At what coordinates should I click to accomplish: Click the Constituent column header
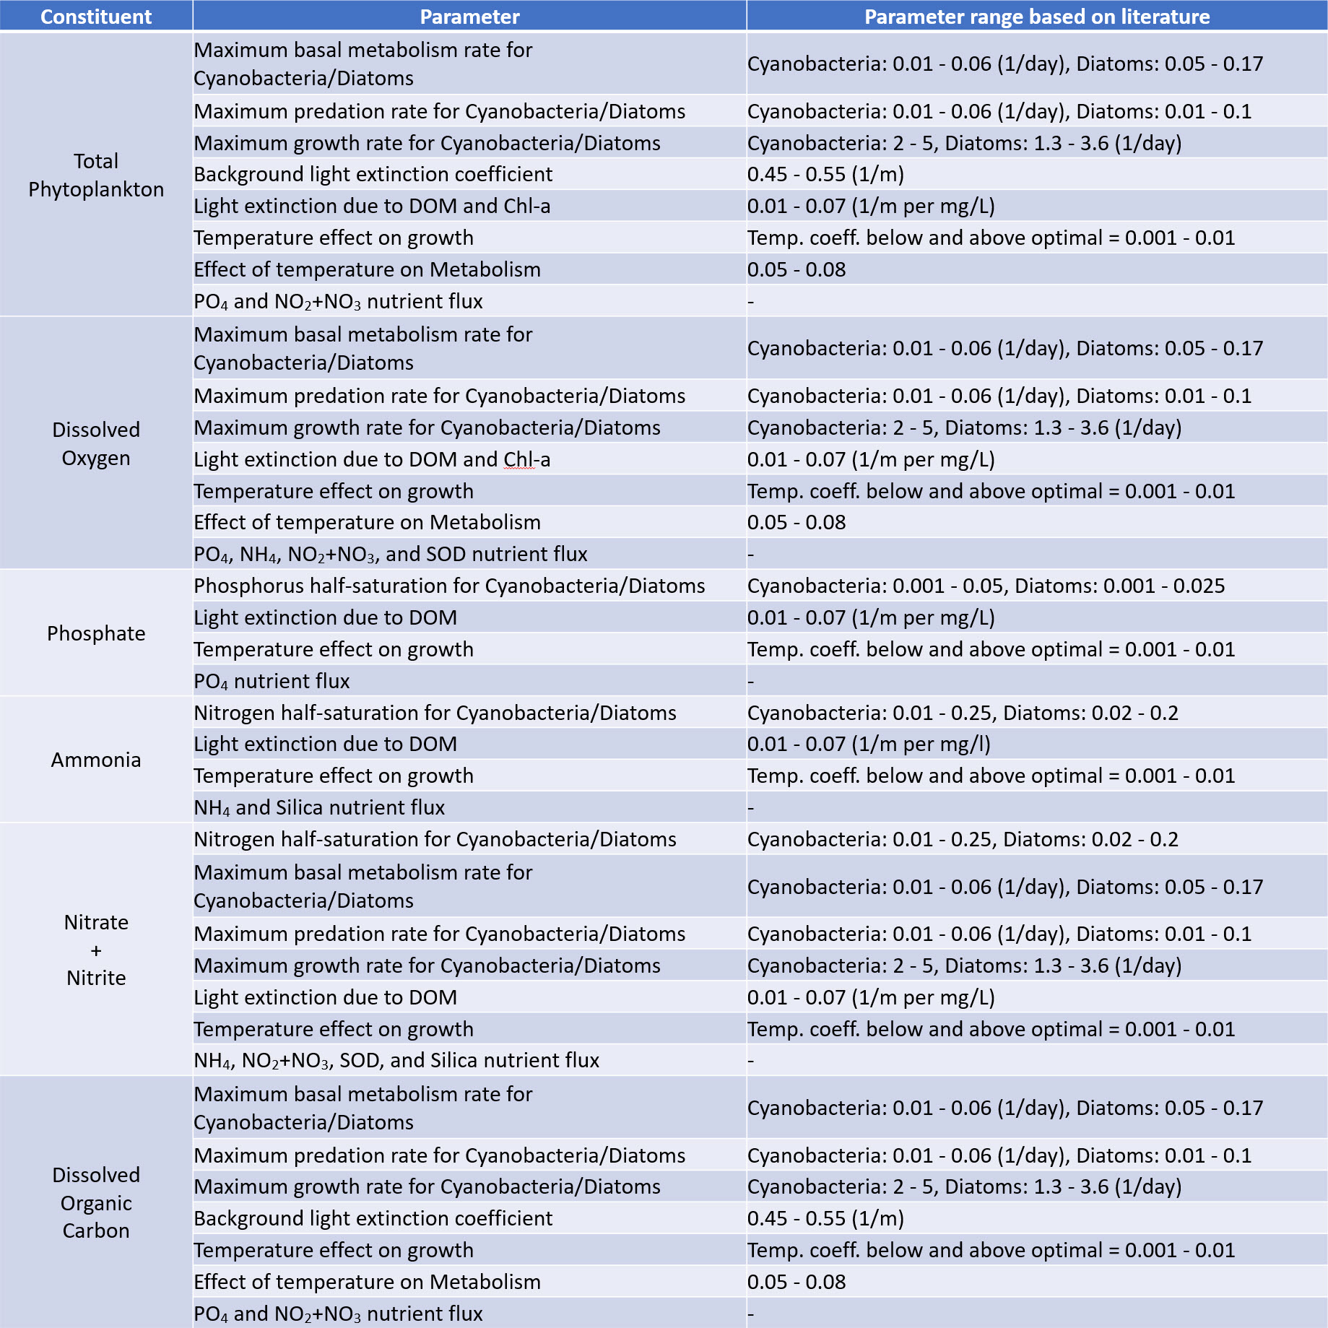pos(96,17)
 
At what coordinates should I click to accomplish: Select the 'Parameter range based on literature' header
pos(1036,17)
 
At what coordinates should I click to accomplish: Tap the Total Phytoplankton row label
pos(96,175)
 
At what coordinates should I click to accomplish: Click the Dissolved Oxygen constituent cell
pos(96,443)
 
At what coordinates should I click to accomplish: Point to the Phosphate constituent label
pos(96,633)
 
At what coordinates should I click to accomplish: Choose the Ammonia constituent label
pos(96,760)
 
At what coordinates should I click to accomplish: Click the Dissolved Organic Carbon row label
pos(96,1202)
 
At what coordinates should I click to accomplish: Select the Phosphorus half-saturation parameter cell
pos(449,586)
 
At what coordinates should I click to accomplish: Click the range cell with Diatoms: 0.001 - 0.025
pos(986,586)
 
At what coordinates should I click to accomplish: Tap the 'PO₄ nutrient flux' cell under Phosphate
pos(272,681)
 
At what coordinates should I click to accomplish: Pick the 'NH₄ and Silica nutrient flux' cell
pos(319,807)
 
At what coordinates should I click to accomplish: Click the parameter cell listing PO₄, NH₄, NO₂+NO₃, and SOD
pos(390,554)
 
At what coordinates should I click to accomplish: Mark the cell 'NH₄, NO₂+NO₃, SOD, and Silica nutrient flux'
pos(396,1060)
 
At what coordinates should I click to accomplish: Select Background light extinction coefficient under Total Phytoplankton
pos(373,174)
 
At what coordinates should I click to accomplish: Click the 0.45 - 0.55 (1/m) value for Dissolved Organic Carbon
pos(825,1218)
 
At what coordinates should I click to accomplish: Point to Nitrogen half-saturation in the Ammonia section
pos(435,713)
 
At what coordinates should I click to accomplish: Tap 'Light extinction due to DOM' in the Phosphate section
pos(325,617)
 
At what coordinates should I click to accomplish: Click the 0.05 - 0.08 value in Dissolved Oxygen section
pos(797,522)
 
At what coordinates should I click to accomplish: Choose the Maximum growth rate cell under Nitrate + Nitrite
pos(427,965)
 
